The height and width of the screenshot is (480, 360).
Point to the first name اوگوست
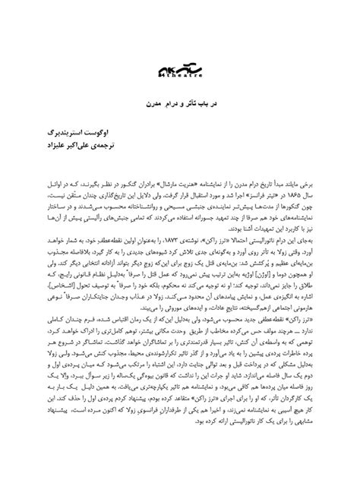tap(311, 131)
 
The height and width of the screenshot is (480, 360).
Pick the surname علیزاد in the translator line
tap(250, 144)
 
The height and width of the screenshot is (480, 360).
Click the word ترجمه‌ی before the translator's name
tap(311, 144)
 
